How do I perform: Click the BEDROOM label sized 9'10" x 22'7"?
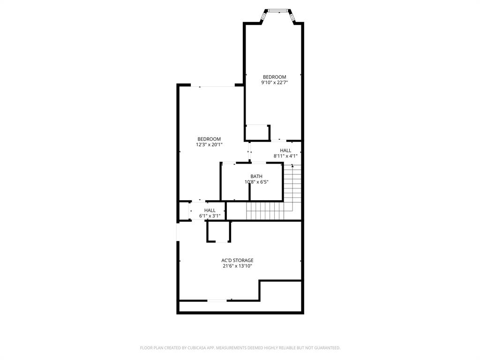[x=274, y=77]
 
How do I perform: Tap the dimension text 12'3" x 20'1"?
[x=209, y=145]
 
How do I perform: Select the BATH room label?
[x=256, y=176]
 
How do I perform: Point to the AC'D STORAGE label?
[x=238, y=260]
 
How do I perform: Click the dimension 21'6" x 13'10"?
[x=238, y=266]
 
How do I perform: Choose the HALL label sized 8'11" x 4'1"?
[x=285, y=150]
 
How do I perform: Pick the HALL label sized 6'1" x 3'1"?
[x=210, y=210]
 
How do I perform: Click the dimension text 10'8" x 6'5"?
[x=256, y=182]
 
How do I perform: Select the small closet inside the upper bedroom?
[x=257, y=133]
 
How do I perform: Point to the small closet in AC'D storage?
[x=219, y=232]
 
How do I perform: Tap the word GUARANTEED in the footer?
[x=325, y=348]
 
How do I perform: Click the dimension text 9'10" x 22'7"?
[x=274, y=82]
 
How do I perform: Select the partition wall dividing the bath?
[x=249, y=191]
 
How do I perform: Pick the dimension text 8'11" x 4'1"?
[x=285, y=156]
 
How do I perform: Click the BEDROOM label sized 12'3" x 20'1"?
[x=209, y=139]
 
